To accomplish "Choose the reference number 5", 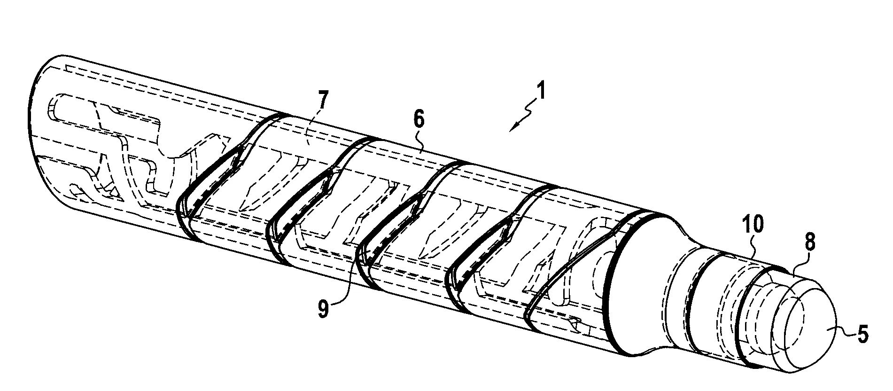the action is pos(862,333).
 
